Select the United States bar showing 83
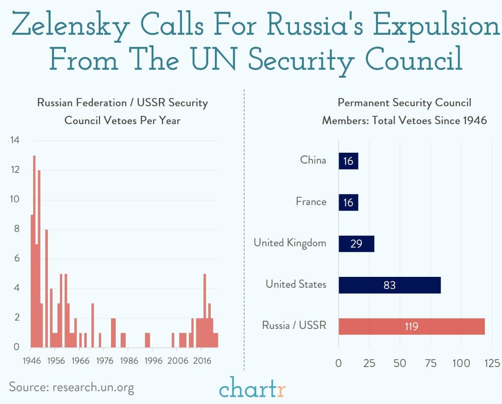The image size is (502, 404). tap(389, 285)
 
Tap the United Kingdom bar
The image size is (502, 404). tap(356, 243)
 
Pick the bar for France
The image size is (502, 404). tap(348, 202)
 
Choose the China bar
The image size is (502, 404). tap(348, 161)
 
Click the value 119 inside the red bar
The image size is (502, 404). tap(411, 326)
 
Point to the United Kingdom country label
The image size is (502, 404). tap(290, 242)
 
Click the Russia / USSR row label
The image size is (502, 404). tap(294, 325)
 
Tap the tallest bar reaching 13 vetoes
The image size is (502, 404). tap(34, 251)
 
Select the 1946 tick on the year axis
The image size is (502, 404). tap(31, 360)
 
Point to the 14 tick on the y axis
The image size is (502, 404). tap(15, 140)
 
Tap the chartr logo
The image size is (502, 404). tap(252, 387)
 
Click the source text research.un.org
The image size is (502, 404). tap(93, 386)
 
